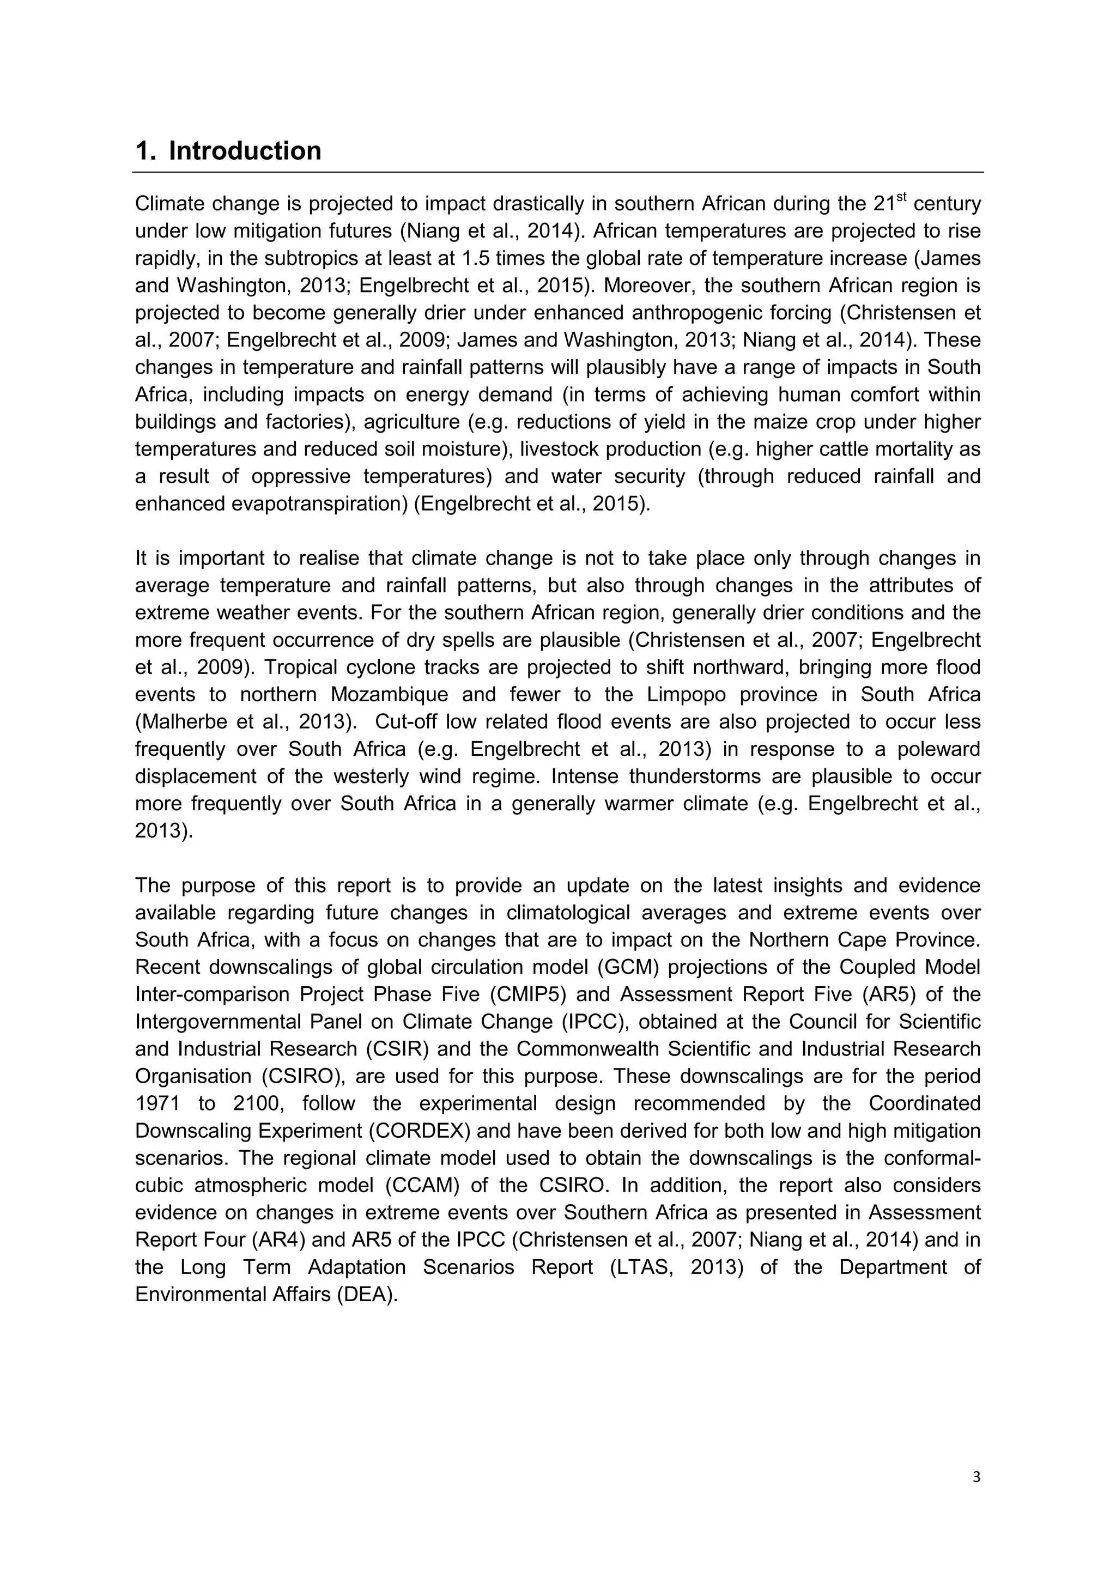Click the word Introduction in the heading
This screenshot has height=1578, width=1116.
[245, 150]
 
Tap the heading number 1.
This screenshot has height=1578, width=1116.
[143, 150]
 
